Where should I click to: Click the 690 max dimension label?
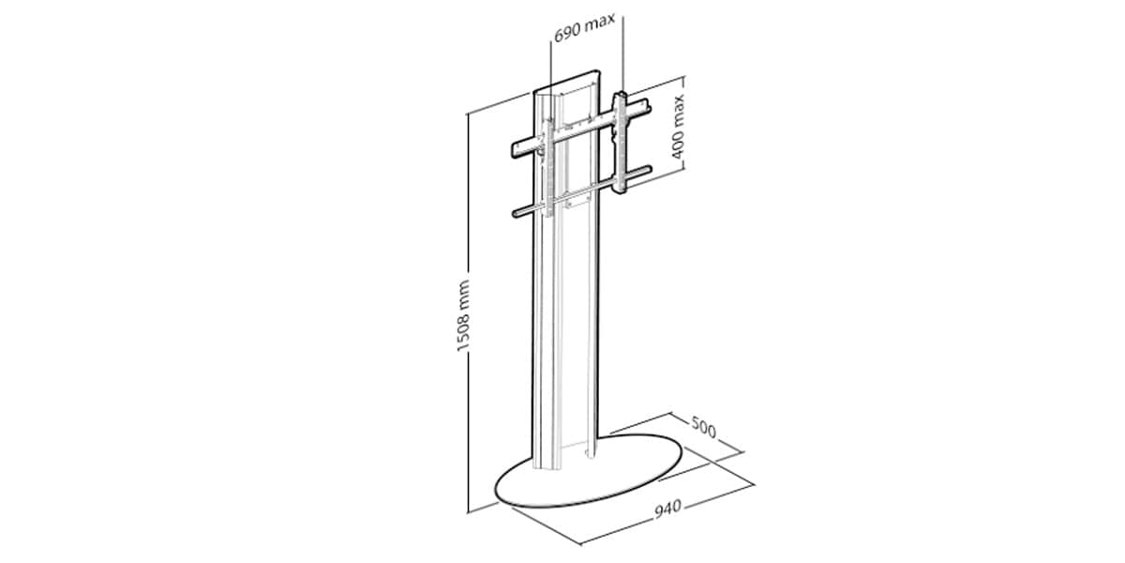584,27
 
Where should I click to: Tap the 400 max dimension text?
678,128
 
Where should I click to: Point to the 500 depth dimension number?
704,427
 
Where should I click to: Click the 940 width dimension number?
667,509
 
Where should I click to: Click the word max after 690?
600,23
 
